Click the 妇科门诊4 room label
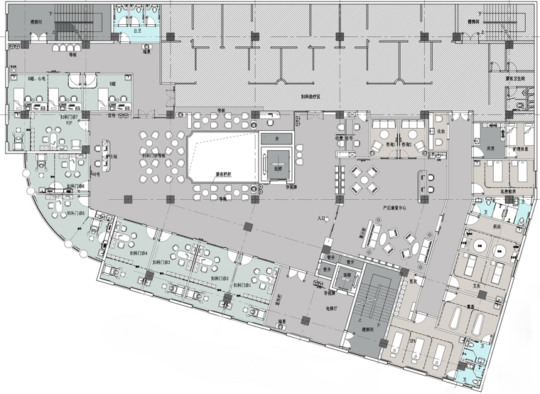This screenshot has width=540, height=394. (x=138, y=252)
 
